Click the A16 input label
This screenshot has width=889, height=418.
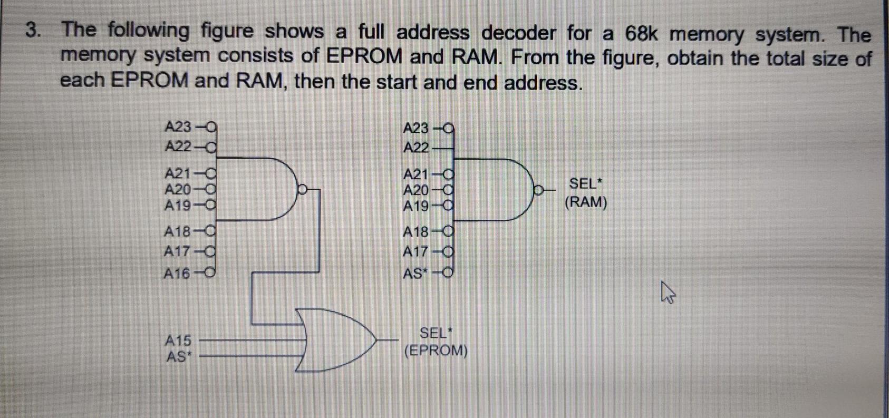(x=177, y=274)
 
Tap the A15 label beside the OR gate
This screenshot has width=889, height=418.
(x=178, y=341)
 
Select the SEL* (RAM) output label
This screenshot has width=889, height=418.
(x=585, y=193)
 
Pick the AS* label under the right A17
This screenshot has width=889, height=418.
(x=415, y=274)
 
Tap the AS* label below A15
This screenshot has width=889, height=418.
(x=178, y=357)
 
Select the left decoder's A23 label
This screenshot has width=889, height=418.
(x=178, y=127)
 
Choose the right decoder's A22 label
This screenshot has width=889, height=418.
(x=416, y=148)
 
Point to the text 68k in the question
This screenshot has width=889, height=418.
(x=641, y=33)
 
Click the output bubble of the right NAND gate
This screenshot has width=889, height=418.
(x=539, y=189)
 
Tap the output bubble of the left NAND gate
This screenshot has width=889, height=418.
(x=303, y=188)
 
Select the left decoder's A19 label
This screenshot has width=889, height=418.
(x=177, y=206)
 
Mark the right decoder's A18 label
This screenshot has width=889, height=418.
(x=415, y=232)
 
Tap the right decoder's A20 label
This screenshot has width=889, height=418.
(x=415, y=190)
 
